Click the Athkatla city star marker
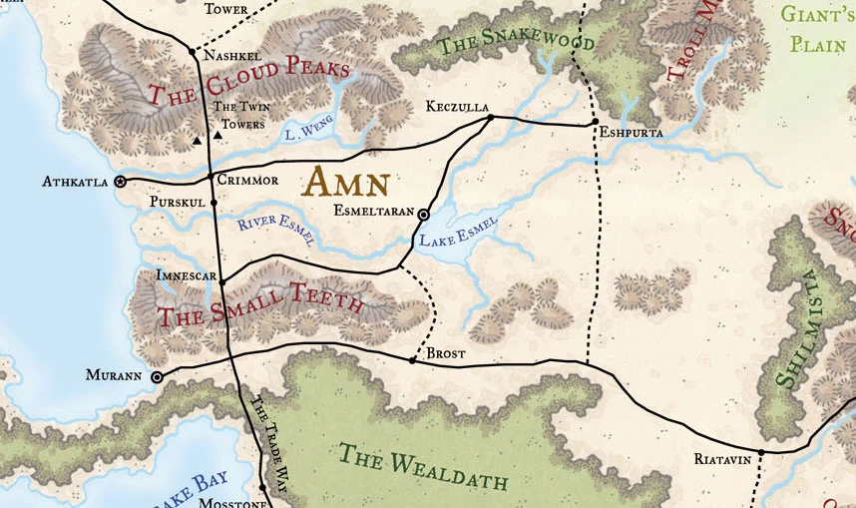tap(121, 182)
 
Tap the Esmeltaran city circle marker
tap(423, 215)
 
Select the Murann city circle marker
tap(157, 377)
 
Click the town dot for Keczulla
tap(490, 118)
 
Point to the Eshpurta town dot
tap(594, 123)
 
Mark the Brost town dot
tap(412, 359)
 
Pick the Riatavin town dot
tap(760, 452)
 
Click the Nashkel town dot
tap(192, 50)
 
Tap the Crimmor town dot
tap(210, 178)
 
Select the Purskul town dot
tap(214, 202)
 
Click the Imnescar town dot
tap(221, 281)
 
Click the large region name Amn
tap(343, 183)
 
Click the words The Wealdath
tap(423, 467)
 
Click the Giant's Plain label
tap(818, 29)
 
